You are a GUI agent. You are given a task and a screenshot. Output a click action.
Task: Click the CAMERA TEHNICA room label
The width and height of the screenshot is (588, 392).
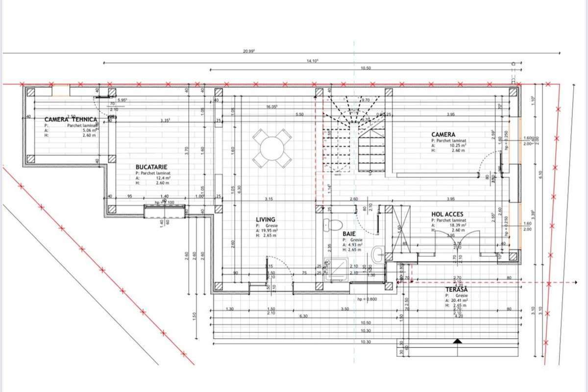[71, 120]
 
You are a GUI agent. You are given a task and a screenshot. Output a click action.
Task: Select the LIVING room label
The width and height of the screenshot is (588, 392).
[266, 220]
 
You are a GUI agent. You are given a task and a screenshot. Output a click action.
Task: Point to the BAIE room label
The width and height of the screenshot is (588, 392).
[349, 234]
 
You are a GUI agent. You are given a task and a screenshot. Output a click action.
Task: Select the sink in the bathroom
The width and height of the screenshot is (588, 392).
[378, 254]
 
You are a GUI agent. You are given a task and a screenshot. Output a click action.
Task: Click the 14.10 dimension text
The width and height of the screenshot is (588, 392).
[312, 61]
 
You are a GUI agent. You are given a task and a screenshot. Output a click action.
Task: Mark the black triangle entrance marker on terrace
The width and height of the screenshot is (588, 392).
[457, 341]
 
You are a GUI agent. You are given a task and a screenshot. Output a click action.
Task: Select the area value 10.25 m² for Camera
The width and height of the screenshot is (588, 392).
[455, 146]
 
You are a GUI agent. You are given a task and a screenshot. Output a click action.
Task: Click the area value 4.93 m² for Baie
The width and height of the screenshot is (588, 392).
[355, 245]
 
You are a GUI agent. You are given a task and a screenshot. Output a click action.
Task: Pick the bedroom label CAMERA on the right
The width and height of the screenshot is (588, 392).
[443, 134]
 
